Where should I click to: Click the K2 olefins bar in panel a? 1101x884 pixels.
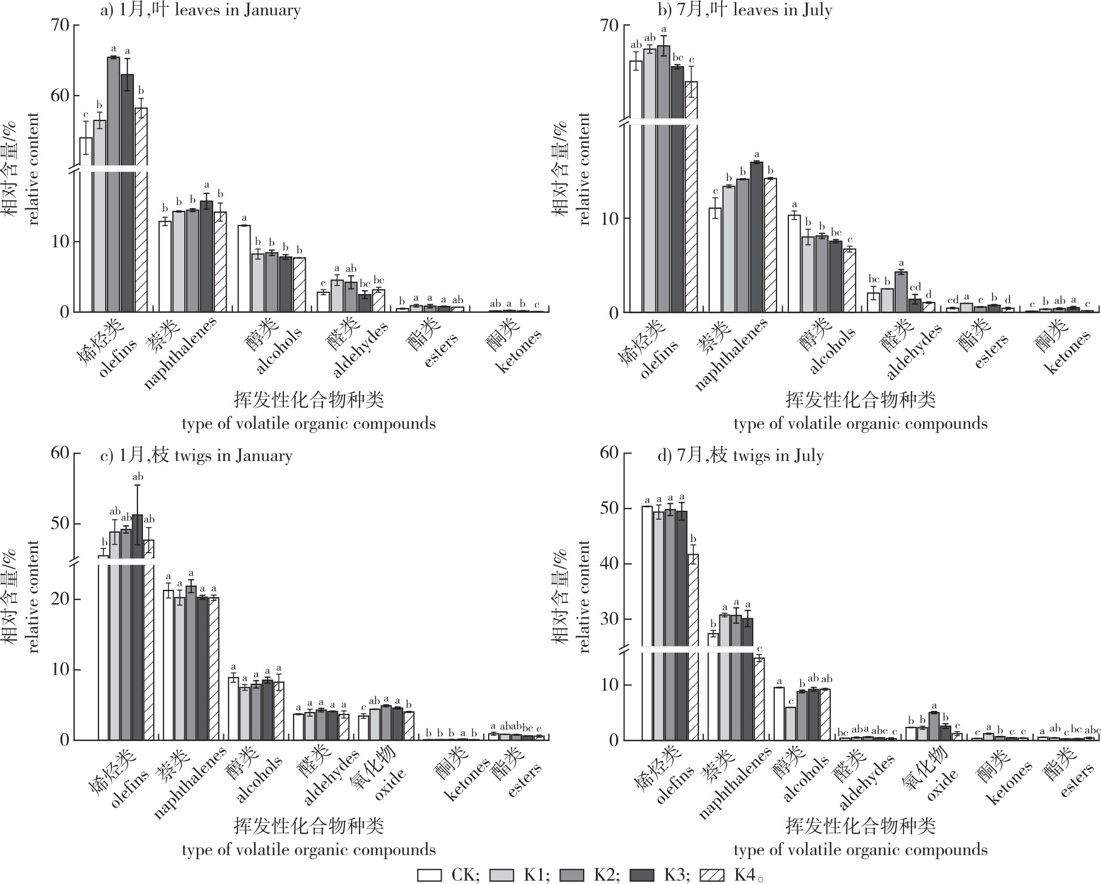pos(114,187)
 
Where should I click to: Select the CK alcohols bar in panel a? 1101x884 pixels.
pos(244,269)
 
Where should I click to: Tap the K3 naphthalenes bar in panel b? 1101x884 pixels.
pos(757,238)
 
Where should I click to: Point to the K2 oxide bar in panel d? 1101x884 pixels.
pos(934,726)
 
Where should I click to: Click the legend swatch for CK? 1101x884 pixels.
pos(429,875)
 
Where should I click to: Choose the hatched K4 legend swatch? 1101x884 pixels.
pos(713,875)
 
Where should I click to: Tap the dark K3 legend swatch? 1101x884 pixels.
pos(641,875)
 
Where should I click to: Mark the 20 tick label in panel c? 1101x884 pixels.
pos(61,600)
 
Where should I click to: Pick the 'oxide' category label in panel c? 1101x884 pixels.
pos(390,783)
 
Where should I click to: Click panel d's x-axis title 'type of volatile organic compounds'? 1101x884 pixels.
pos(861,850)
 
